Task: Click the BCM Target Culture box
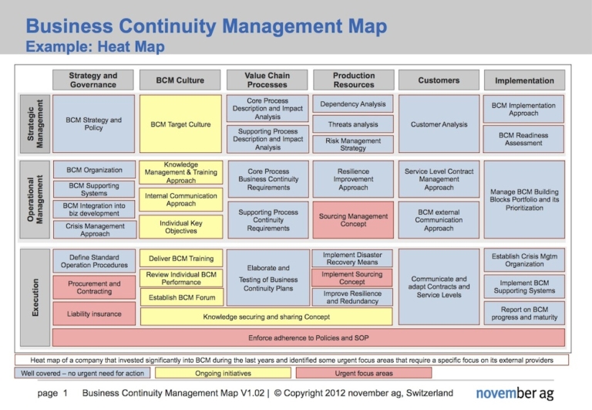[x=180, y=124]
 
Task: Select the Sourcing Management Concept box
[x=353, y=221]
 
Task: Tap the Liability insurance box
[x=94, y=313]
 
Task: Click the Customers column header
[x=439, y=80]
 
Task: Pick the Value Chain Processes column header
[x=267, y=80]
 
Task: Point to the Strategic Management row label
[x=35, y=124]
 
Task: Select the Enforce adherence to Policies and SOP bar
[x=308, y=337]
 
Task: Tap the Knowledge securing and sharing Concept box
[x=266, y=317]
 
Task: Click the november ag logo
[x=515, y=394]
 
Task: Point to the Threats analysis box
[x=353, y=124]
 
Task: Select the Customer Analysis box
[x=439, y=124]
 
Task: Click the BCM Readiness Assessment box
[x=523, y=139]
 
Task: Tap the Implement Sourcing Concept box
[x=353, y=278]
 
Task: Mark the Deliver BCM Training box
[x=180, y=258]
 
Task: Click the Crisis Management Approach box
[x=94, y=229]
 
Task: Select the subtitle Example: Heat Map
[x=96, y=47]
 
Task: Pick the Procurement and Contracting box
[x=94, y=287]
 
